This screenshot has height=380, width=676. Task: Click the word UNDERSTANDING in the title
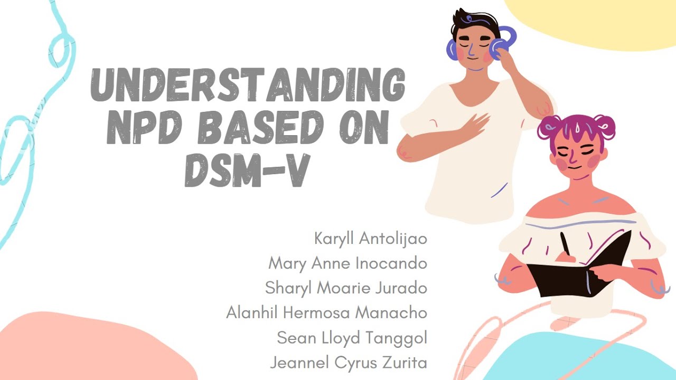click(248, 86)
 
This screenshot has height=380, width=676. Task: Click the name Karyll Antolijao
click(370, 239)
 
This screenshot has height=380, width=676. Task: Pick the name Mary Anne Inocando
click(348, 263)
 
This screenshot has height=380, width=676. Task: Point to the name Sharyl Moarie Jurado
click(346, 288)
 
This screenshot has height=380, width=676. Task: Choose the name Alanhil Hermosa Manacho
click(326, 312)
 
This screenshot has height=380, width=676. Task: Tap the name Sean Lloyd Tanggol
click(352, 338)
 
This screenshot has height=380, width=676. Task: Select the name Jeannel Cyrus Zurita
click(348, 363)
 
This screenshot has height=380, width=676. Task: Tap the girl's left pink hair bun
click(549, 127)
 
